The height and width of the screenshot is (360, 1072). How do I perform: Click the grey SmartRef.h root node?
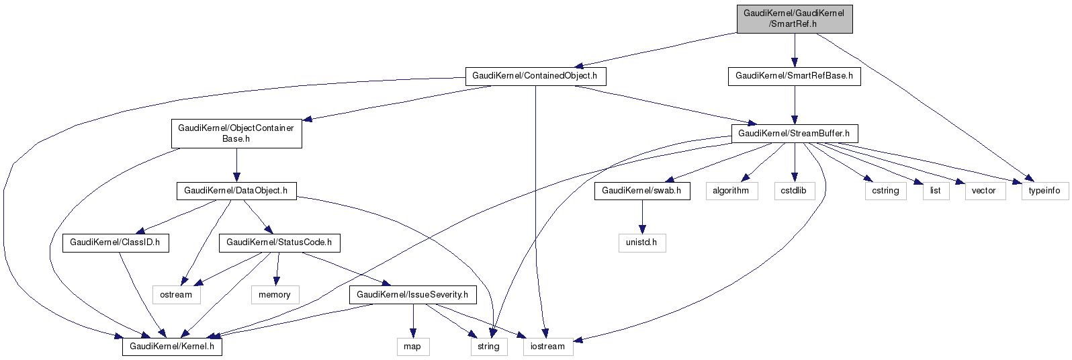click(x=794, y=18)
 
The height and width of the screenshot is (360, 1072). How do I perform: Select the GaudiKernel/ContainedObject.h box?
click(x=535, y=76)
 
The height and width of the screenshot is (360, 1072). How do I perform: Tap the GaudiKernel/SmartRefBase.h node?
click(x=794, y=76)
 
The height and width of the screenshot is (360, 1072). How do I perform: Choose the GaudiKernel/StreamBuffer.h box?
click(x=794, y=134)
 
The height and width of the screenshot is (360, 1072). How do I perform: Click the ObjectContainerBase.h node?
click(x=236, y=134)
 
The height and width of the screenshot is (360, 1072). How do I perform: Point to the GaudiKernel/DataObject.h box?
click(x=236, y=191)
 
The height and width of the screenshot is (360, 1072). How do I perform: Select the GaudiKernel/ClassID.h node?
click(x=115, y=242)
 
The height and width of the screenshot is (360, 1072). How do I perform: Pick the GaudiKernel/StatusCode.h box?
click(x=279, y=242)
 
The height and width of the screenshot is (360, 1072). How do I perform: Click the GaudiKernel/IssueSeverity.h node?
click(x=412, y=295)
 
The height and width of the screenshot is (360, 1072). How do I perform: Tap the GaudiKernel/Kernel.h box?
click(x=171, y=347)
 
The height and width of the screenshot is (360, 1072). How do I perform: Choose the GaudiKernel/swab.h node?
click(x=641, y=191)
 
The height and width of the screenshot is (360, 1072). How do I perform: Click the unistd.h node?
click(x=641, y=242)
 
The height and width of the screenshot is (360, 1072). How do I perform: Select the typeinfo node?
click(x=1044, y=191)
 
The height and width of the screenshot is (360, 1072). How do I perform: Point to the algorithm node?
click(x=731, y=191)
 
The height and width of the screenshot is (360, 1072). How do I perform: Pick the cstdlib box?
click(x=794, y=191)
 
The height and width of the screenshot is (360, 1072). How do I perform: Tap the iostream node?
click(x=547, y=347)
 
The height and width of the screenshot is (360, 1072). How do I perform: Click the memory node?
click(x=275, y=295)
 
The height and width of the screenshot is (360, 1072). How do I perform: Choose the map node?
click(x=412, y=347)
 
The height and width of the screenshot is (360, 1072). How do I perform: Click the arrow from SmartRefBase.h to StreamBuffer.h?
click(x=794, y=105)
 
